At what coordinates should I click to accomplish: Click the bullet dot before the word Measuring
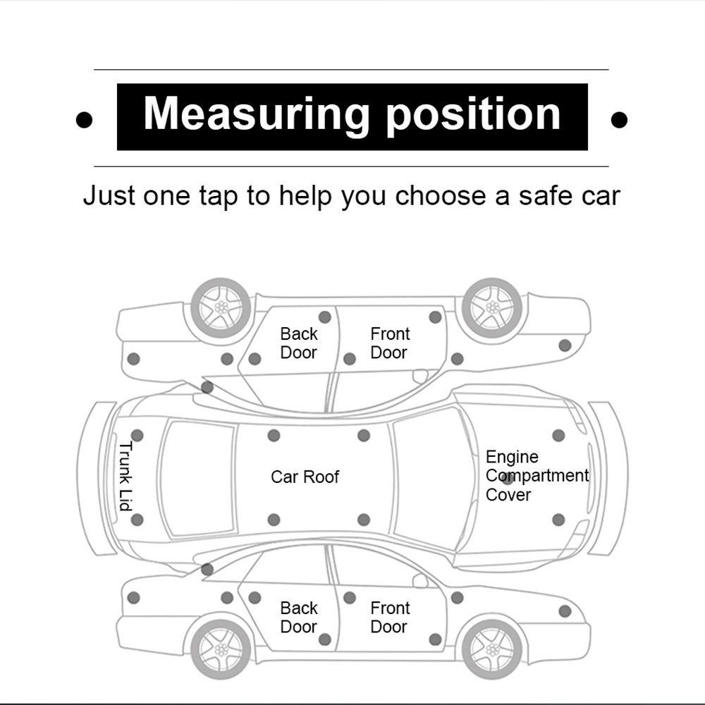pyautogui.click(x=84, y=121)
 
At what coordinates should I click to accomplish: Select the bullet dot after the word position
pyautogui.click(x=619, y=121)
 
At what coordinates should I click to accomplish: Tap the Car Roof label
pyautogui.click(x=305, y=477)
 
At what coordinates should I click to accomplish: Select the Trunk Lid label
pyautogui.click(x=126, y=477)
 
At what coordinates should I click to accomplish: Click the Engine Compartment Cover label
pyautogui.click(x=536, y=476)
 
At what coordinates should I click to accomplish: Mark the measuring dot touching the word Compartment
pyautogui.click(x=508, y=479)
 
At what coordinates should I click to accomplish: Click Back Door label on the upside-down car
pyautogui.click(x=299, y=343)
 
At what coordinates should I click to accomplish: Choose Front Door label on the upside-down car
pyautogui.click(x=390, y=343)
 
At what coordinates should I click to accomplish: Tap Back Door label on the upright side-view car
pyautogui.click(x=299, y=618)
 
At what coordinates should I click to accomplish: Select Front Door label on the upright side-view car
pyautogui.click(x=390, y=618)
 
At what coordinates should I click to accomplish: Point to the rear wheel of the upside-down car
pyautogui.click(x=221, y=307)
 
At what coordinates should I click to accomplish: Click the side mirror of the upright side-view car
pyautogui.click(x=421, y=581)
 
